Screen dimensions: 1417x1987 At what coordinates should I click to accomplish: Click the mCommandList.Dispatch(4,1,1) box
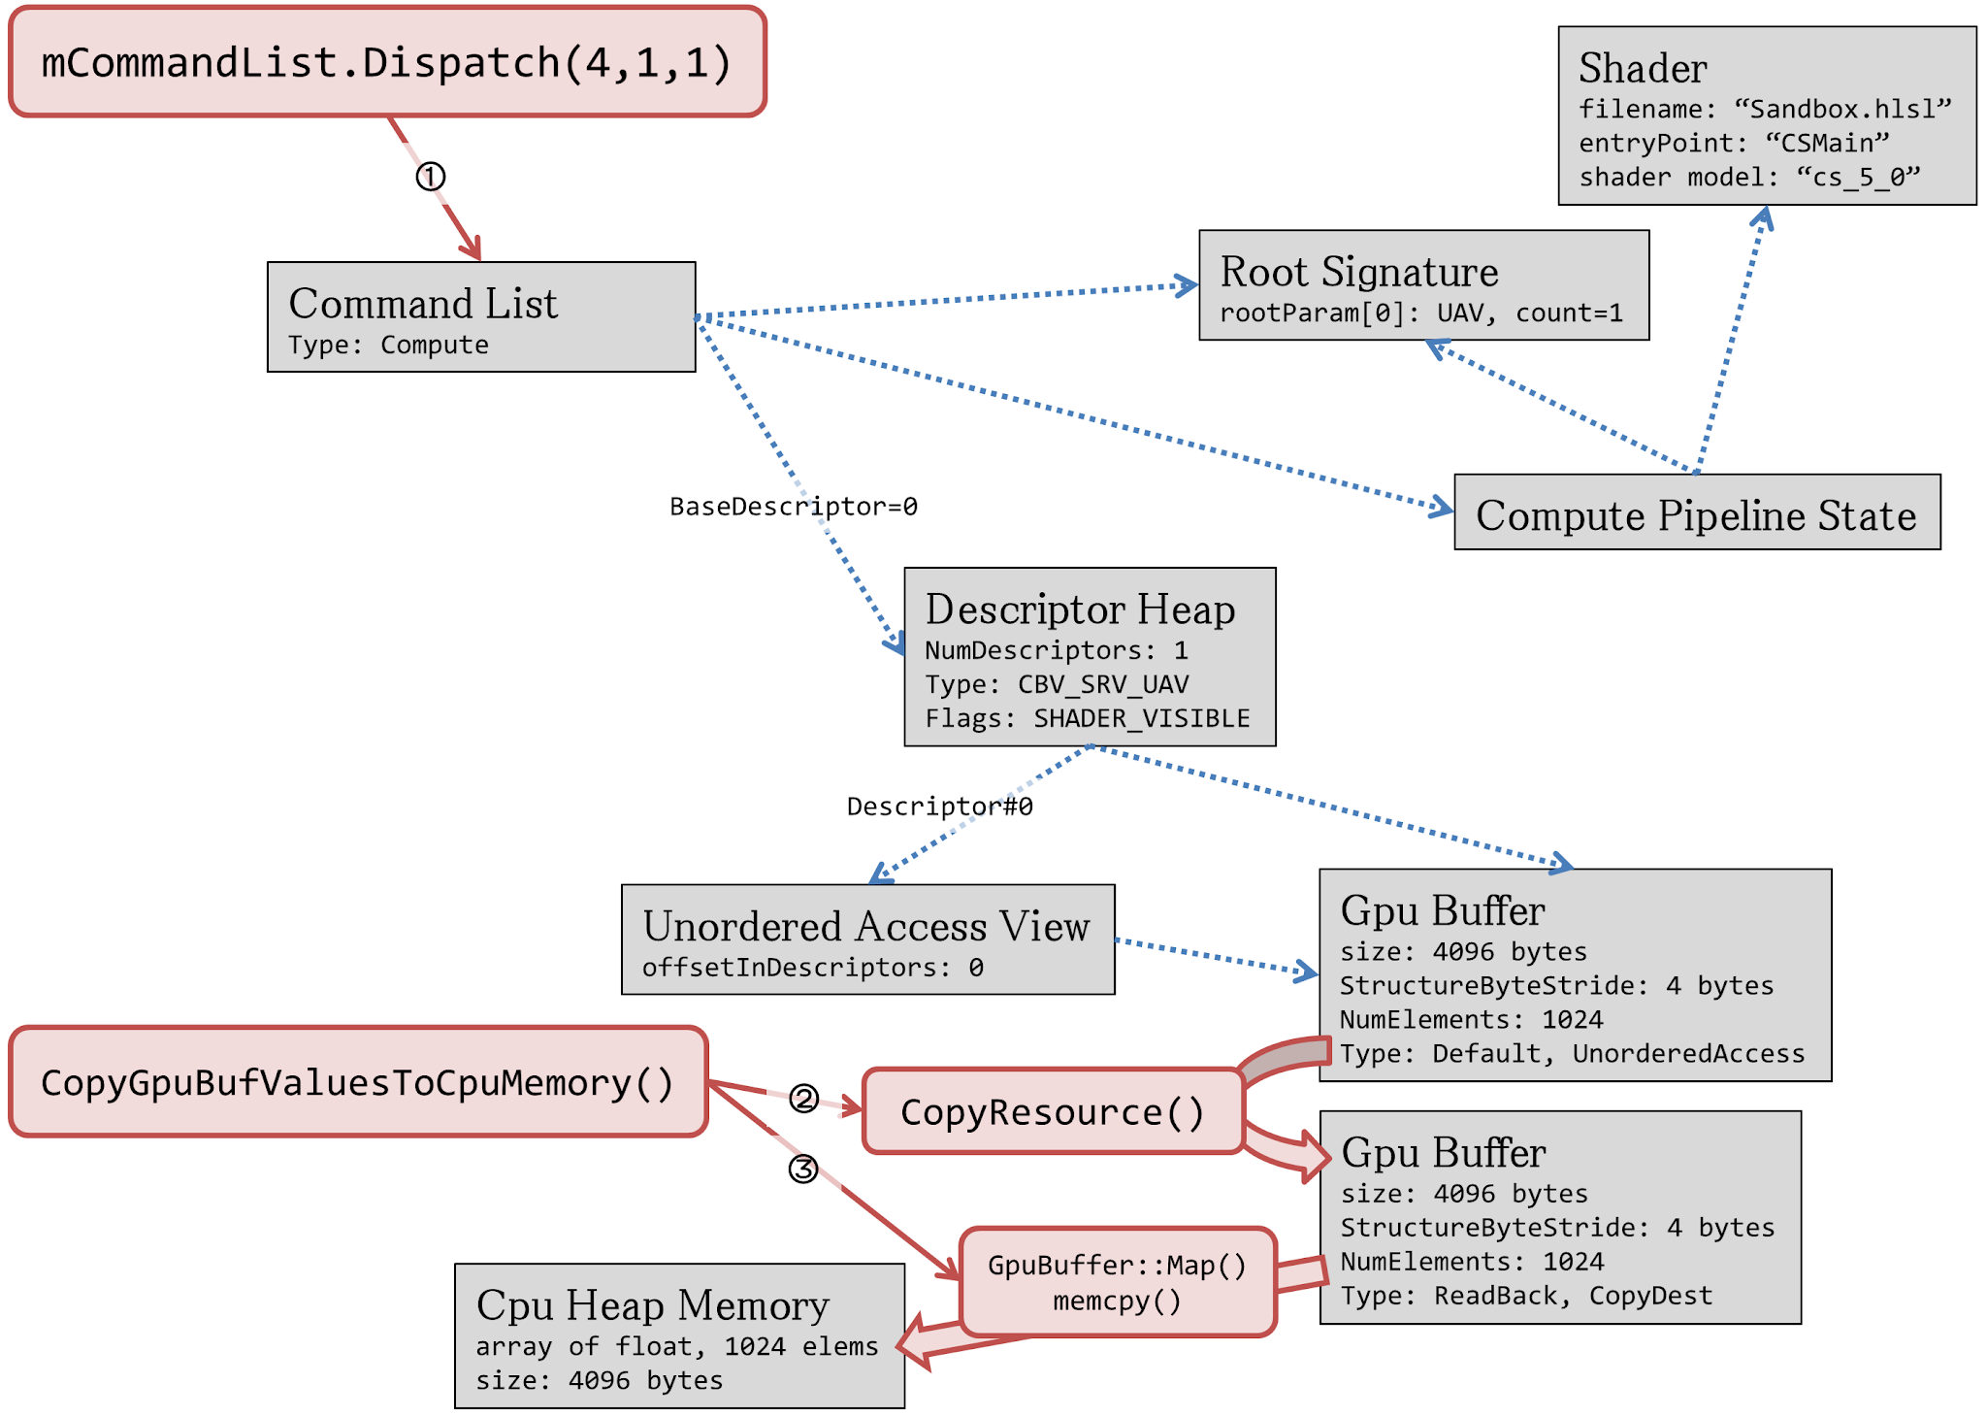(x=387, y=62)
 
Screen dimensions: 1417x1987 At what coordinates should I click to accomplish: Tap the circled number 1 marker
(x=431, y=177)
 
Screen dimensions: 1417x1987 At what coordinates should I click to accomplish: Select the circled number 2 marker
(x=803, y=1098)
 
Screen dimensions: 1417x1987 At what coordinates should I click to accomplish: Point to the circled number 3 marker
(x=802, y=1169)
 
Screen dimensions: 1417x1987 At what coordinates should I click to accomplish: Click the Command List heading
(x=423, y=304)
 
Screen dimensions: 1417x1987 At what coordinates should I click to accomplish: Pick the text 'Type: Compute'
(x=388, y=346)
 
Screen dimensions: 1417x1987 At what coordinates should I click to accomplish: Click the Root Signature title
(x=1358, y=272)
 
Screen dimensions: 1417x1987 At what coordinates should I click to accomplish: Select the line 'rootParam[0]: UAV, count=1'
(x=1420, y=313)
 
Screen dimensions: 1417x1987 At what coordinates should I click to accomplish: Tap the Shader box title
(x=1643, y=68)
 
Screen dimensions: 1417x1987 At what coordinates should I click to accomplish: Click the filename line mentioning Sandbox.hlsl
(x=1765, y=109)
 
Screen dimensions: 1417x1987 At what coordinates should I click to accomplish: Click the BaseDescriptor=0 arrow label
(x=793, y=507)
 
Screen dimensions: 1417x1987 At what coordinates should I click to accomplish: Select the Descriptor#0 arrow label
(x=939, y=807)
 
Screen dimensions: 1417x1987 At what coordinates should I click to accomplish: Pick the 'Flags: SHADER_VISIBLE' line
(x=1087, y=719)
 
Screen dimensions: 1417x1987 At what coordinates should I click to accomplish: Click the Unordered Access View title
(x=865, y=927)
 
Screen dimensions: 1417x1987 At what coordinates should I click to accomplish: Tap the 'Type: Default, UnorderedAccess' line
(x=1572, y=1054)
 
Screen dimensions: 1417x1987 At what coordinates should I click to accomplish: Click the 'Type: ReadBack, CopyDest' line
(x=1526, y=1297)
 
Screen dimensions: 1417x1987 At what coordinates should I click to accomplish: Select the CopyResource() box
(x=1053, y=1112)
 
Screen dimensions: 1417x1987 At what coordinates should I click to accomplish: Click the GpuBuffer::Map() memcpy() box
(x=1117, y=1282)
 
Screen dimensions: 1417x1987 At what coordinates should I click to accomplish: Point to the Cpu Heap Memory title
(x=652, y=1305)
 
